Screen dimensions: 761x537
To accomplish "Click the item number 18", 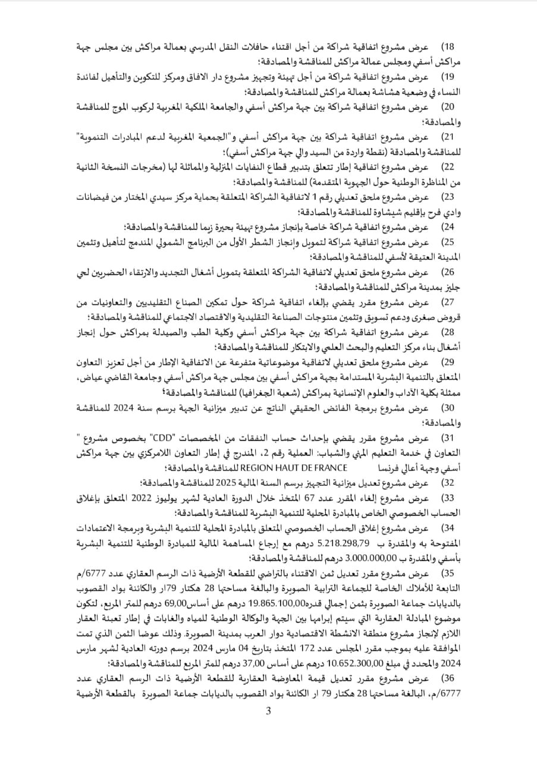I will point(447,46).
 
